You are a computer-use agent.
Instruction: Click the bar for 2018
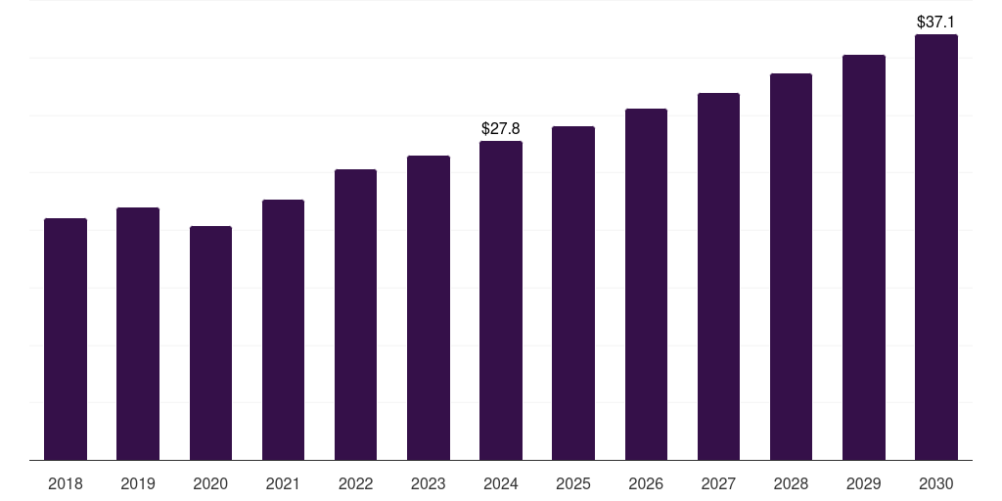point(66,339)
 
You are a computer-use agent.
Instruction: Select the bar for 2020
point(210,342)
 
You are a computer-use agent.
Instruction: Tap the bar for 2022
point(355,314)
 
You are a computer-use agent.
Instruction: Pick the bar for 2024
point(501,300)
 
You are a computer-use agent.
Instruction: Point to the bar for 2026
point(646,284)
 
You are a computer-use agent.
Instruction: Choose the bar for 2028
point(791,266)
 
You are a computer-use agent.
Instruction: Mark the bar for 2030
point(936,247)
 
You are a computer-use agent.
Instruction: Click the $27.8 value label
point(501,128)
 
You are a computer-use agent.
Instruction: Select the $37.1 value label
point(936,22)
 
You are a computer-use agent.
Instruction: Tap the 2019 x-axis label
point(138,483)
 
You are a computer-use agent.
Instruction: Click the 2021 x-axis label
point(283,483)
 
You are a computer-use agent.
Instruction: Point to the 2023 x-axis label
point(429,483)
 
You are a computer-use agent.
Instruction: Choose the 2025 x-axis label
point(573,483)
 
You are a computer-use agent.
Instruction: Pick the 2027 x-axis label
point(718,483)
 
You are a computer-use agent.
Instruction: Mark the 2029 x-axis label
point(864,483)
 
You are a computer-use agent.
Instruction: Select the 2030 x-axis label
point(936,483)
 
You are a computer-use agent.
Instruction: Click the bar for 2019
point(138,334)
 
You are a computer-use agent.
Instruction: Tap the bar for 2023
point(429,307)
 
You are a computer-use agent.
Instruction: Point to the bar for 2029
point(864,257)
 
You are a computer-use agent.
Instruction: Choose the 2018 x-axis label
point(66,483)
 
